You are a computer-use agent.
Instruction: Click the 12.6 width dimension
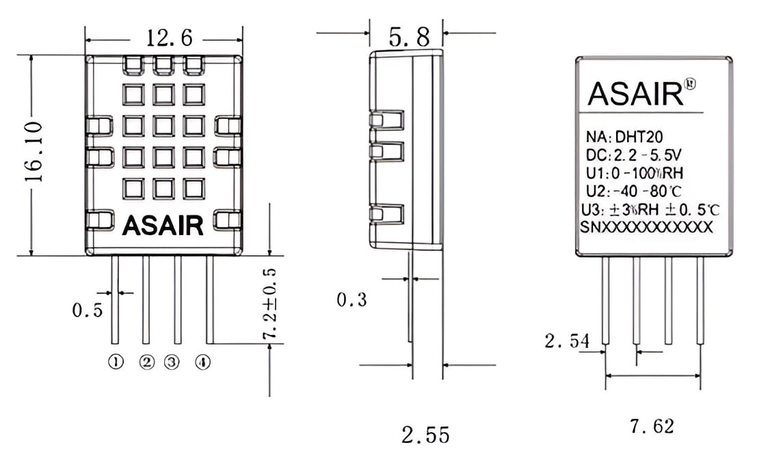pyautogui.click(x=169, y=38)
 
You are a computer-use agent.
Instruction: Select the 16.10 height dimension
pyautogui.click(x=34, y=152)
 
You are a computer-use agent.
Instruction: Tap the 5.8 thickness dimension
pyautogui.click(x=409, y=37)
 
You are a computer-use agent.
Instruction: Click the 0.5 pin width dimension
pyautogui.click(x=88, y=310)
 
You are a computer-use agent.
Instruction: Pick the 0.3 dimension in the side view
pyautogui.click(x=351, y=299)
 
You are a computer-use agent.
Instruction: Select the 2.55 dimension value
pyautogui.click(x=425, y=435)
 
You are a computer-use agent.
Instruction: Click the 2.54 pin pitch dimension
pyautogui.click(x=567, y=341)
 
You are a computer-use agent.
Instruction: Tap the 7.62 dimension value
pyautogui.click(x=652, y=426)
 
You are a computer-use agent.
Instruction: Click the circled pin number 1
pyautogui.click(x=116, y=362)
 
